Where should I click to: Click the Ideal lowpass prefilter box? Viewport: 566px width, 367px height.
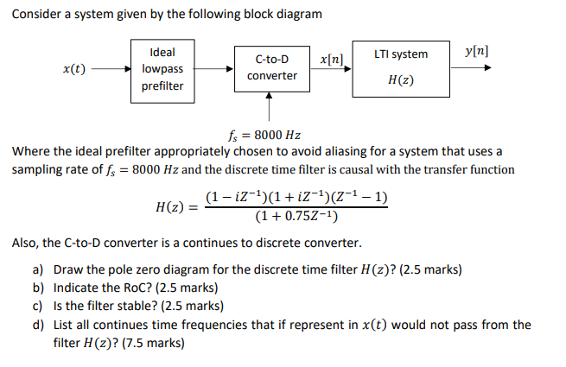pos(162,70)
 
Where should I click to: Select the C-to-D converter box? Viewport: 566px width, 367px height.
pos(271,68)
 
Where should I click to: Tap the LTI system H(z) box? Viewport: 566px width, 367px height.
pos(400,68)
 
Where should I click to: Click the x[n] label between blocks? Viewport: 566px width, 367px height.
pos(331,59)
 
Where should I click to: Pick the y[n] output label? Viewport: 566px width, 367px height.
pos(474,51)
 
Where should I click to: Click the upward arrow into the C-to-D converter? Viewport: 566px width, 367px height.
pos(271,110)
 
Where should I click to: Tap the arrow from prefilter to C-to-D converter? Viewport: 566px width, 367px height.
pos(216,69)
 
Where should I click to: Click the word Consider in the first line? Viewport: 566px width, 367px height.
pos(37,15)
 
